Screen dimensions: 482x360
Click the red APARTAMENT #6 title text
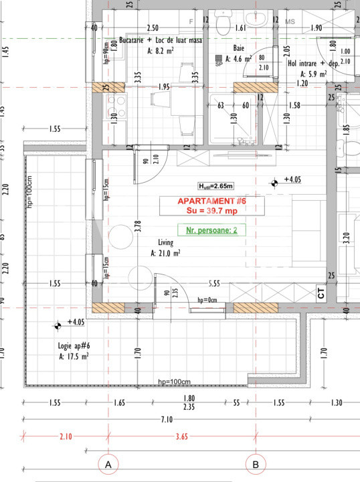(x=211, y=201)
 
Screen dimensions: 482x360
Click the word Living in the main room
(x=166, y=242)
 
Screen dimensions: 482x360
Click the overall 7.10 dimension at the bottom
(x=167, y=418)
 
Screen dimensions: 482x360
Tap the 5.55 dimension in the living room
(x=214, y=283)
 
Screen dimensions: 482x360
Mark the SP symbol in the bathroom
(x=219, y=60)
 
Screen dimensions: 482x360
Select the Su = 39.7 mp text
(x=211, y=211)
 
